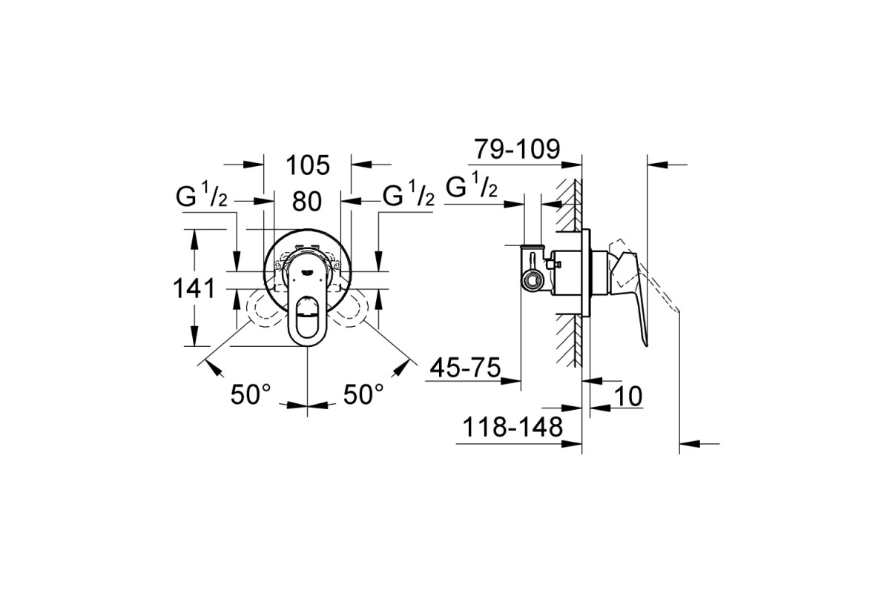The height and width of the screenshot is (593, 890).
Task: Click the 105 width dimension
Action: pyautogui.click(x=308, y=165)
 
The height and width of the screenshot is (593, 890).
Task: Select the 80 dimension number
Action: pyautogui.click(x=307, y=202)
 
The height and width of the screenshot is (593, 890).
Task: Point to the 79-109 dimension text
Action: pyautogui.click(x=518, y=149)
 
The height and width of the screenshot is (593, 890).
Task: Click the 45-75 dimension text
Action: pyautogui.click(x=465, y=368)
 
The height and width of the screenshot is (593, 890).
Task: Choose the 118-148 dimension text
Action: pyautogui.click(x=513, y=427)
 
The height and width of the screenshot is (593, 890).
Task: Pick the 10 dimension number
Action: pyautogui.click(x=628, y=396)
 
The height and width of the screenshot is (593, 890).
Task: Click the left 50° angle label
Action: pyautogui.click(x=251, y=394)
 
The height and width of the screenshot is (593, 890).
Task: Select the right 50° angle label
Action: pyautogui.click(x=363, y=394)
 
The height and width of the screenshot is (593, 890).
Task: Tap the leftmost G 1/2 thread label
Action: pyautogui.click(x=202, y=196)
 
